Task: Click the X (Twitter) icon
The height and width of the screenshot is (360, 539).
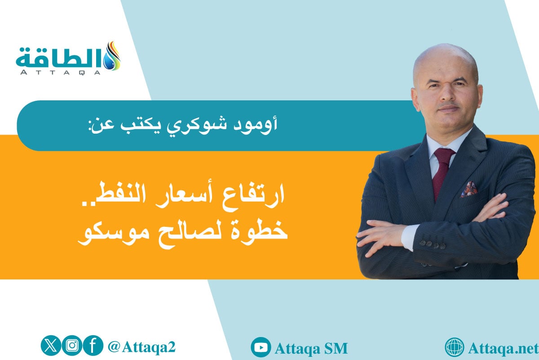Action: click(x=50, y=346)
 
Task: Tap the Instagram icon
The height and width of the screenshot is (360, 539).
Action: click(x=72, y=346)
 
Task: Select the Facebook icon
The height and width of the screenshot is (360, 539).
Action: click(x=93, y=346)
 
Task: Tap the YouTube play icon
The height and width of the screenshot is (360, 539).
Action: click(x=261, y=347)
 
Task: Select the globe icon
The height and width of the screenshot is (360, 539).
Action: click(x=455, y=347)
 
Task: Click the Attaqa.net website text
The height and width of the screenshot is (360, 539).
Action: click(x=503, y=348)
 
